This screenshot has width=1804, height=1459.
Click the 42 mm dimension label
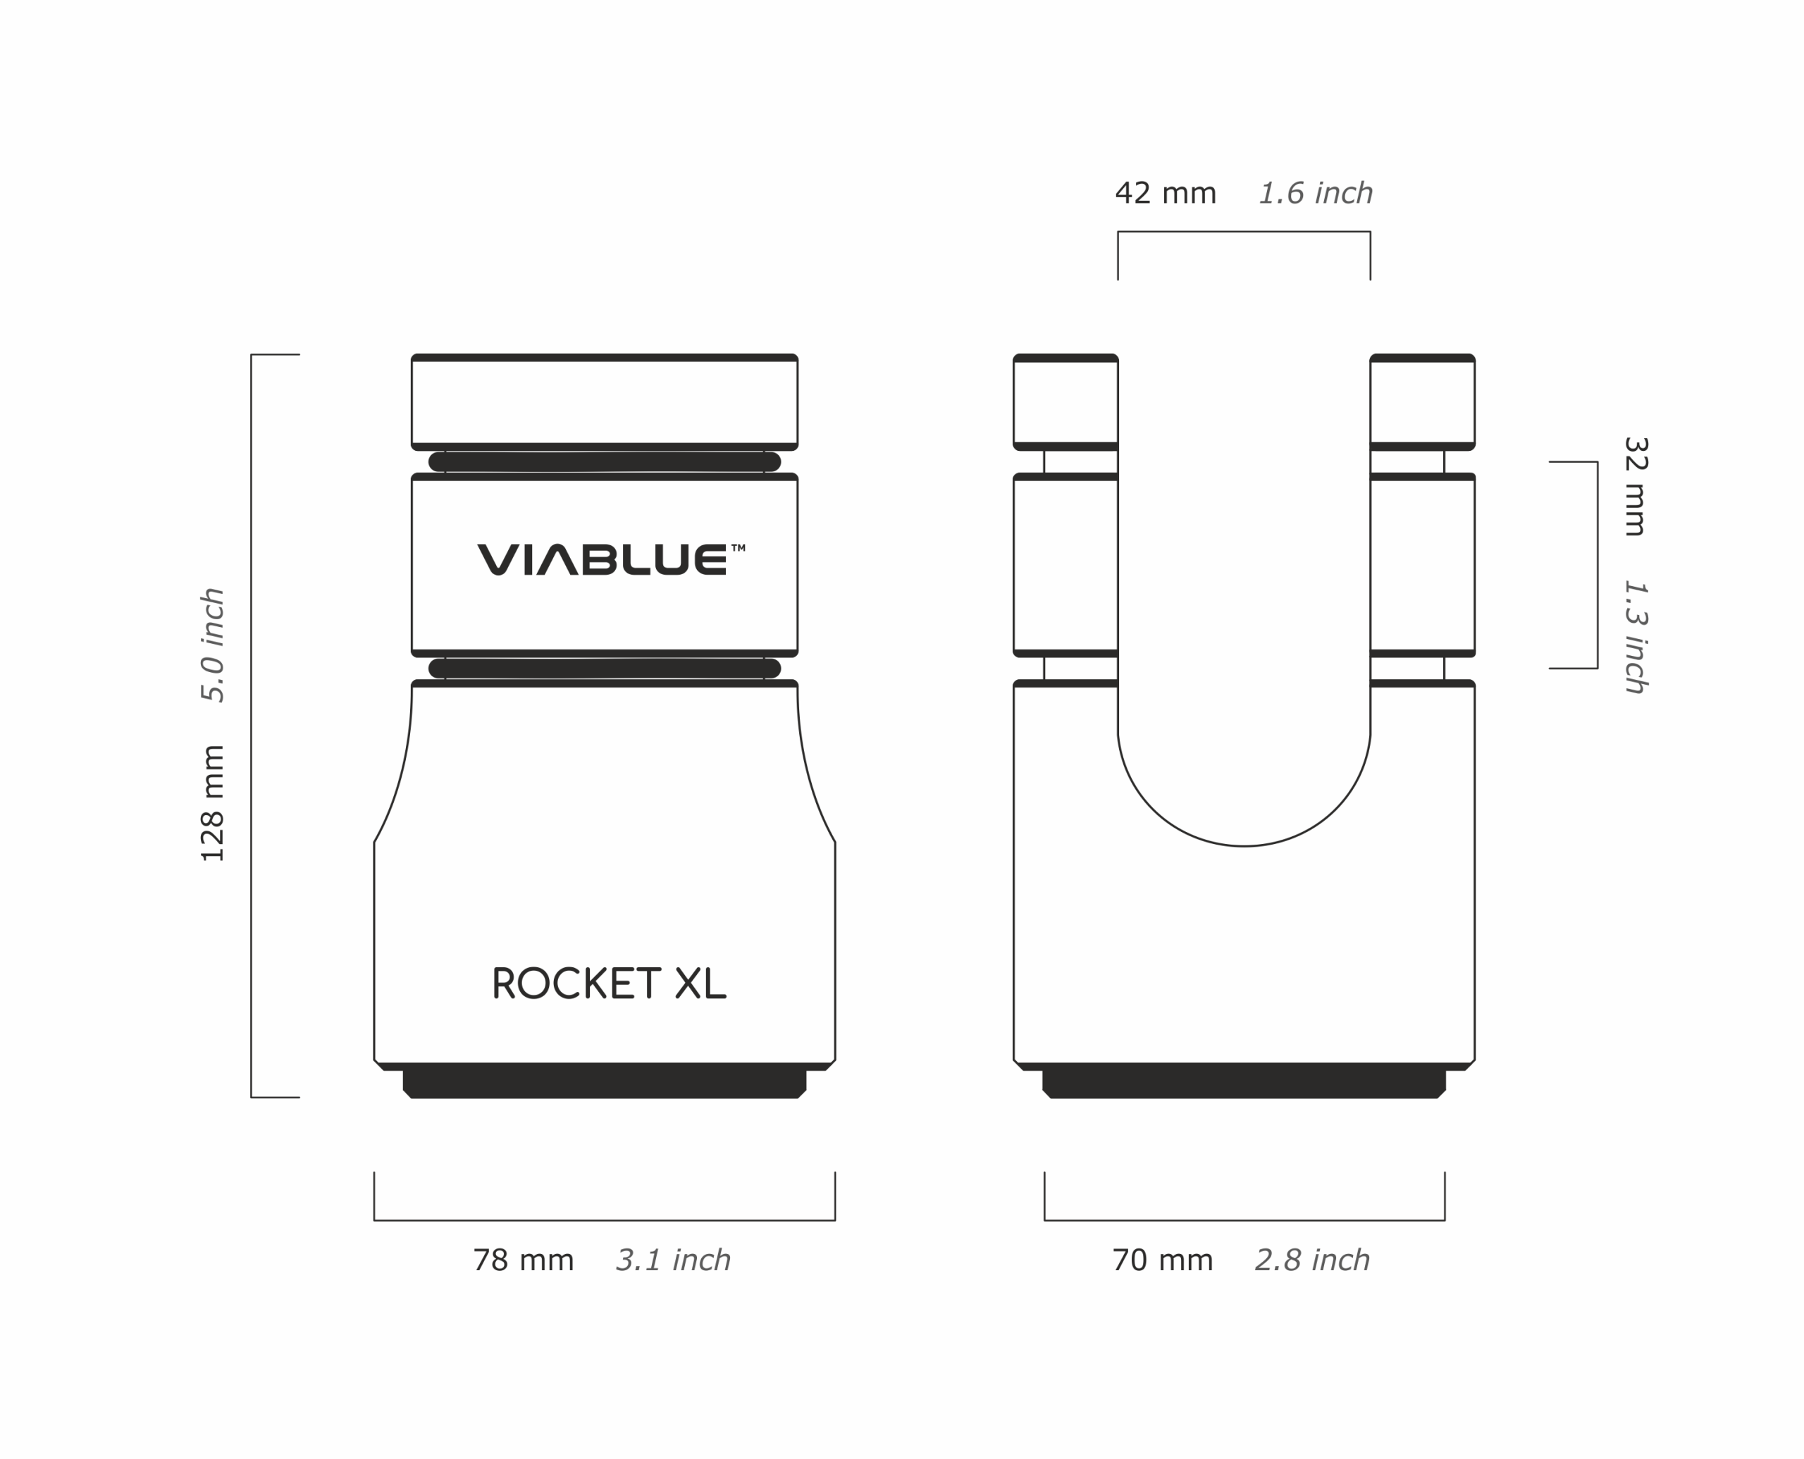pyautogui.click(x=1165, y=193)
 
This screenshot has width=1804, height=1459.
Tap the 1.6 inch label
pyautogui.click(x=1316, y=193)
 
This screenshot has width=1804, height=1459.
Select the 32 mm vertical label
pyautogui.click(x=1636, y=486)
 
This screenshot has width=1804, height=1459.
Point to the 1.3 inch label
pyautogui.click(x=1636, y=637)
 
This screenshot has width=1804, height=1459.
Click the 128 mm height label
pyautogui.click(x=213, y=803)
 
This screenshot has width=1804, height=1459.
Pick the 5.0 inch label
pyautogui.click(x=213, y=645)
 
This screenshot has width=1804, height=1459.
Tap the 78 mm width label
pyautogui.click(x=523, y=1260)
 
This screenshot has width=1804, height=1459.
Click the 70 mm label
pyautogui.click(x=1163, y=1260)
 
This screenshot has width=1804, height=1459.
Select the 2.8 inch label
pyautogui.click(x=1312, y=1260)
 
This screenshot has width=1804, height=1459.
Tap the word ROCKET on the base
pyautogui.click(x=576, y=983)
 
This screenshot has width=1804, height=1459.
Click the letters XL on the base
pyautogui.click(x=700, y=983)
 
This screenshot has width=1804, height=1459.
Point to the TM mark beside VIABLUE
pyautogui.click(x=738, y=547)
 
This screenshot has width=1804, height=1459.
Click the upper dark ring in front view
pyautogui.click(x=605, y=461)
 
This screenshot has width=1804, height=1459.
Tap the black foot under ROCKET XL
pyautogui.click(x=605, y=1084)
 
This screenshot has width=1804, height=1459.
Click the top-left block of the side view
pyautogui.click(x=1065, y=402)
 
